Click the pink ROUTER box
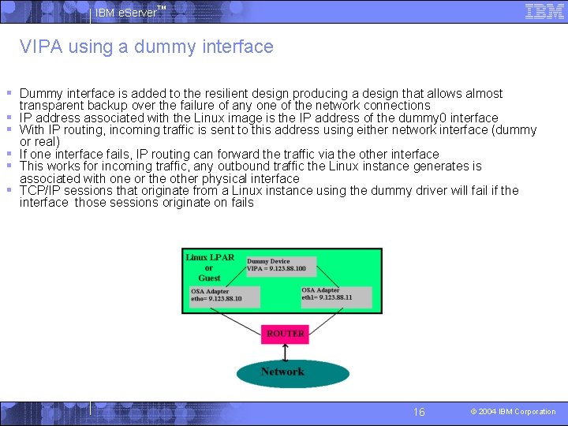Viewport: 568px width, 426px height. (x=285, y=334)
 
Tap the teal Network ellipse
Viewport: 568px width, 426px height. (x=282, y=372)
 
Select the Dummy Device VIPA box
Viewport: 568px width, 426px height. (x=280, y=265)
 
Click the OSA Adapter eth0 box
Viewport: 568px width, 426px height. (x=225, y=296)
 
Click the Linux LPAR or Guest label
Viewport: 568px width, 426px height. (x=209, y=267)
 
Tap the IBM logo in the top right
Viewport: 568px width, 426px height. (x=544, y=11)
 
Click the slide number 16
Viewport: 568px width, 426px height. (x=419, y=412)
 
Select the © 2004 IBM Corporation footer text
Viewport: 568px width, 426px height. (x=513, y=412)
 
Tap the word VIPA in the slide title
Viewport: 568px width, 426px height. (x=41, y=47)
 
